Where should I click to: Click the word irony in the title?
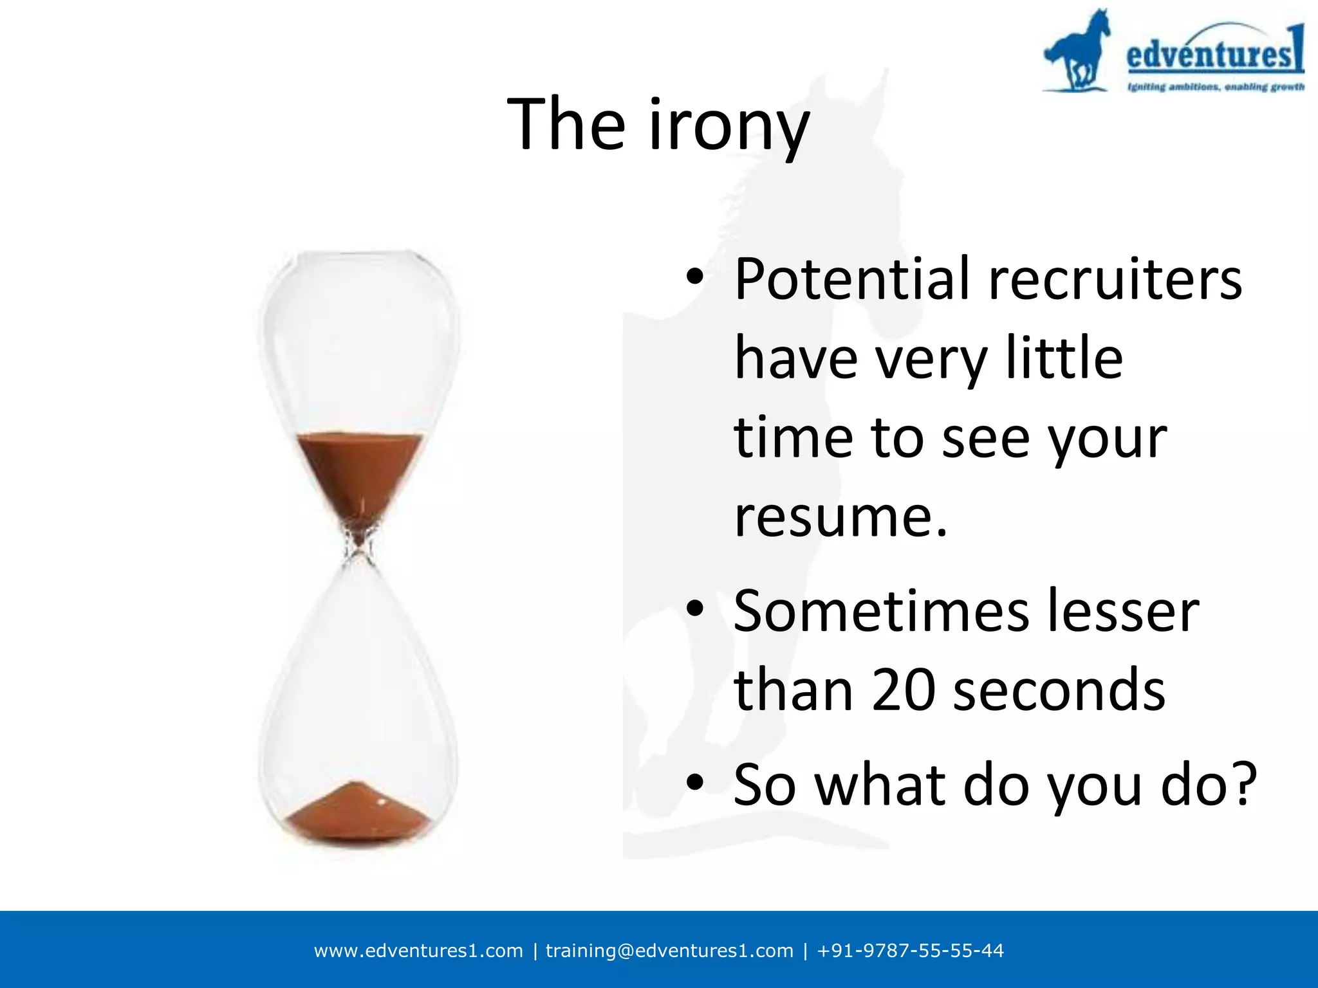729,125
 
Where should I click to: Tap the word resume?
840,517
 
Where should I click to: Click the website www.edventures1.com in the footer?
418,951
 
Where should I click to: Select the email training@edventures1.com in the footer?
669,951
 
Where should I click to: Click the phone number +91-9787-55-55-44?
910,951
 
